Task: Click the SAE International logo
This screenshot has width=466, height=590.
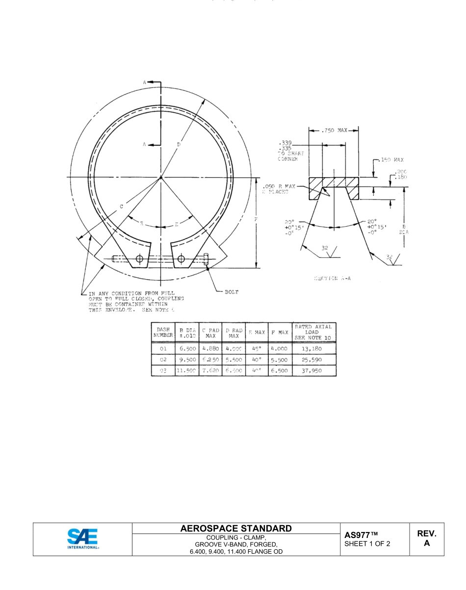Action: pos(82,539)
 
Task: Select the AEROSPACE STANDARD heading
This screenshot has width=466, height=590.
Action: pos(236,529)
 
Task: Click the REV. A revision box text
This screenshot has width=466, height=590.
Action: pos(426,538)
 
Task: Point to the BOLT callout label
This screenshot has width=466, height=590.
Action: pos(232,292)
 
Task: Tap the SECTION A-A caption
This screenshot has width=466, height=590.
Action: pos(332,278)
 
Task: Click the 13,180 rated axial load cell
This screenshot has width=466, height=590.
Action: pos(314,349)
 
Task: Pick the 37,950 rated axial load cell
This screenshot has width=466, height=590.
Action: pos(314,371)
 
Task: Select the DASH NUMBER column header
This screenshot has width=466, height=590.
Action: pos(162,332)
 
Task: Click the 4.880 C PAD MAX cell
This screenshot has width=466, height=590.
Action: pos(210,349)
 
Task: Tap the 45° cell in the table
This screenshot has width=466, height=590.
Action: pos(257,349)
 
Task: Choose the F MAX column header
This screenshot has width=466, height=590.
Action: pos(280,332)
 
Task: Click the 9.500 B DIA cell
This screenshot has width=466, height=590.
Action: pos(187,360)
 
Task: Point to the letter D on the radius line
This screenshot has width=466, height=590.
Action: pos(178,144)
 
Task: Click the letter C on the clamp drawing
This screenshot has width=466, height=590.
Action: pos(121,206)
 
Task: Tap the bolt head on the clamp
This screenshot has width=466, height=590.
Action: pos(206,259)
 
